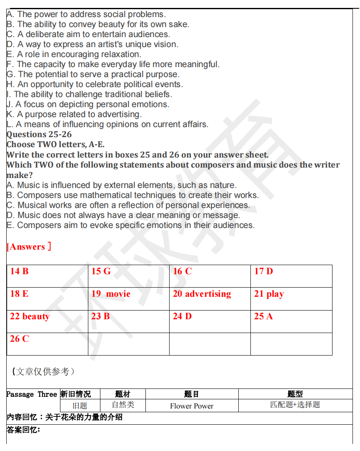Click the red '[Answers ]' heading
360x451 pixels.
[29, 247]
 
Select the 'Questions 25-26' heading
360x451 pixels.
[39, 134]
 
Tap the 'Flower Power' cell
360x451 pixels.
[192, 406]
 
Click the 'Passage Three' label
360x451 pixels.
[32, 394]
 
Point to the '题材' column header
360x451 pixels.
[122, 394]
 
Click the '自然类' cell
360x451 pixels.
[122, 405]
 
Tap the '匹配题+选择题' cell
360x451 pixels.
[295, 405]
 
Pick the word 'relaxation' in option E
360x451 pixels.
[119, 54]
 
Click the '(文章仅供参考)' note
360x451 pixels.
[43, 371]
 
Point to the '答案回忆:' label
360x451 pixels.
[23, 430]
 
